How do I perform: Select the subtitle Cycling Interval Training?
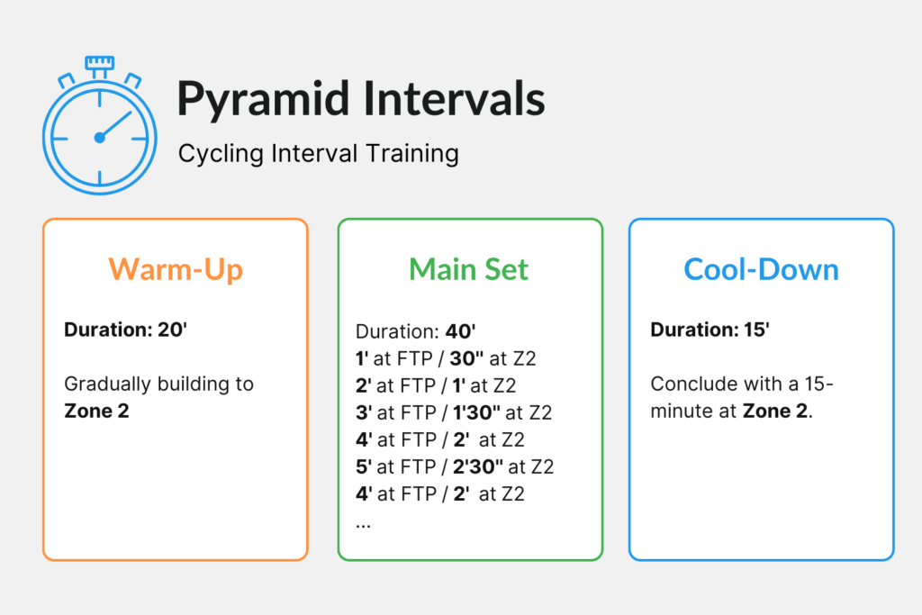coord(318,153)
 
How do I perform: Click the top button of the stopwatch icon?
coord(99,63)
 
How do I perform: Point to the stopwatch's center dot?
coord(99,138)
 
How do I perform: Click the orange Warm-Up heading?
coord(176,269)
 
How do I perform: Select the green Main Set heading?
coord(469,269)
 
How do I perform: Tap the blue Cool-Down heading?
coord(761,269)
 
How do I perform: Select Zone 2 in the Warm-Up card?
coord(96,412)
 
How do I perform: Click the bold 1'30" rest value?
coord(476,412)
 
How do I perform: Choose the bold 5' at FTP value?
coord(363,466)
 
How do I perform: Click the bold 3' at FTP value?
coord(363,412)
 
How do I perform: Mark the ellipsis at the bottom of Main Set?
coord(363,522)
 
